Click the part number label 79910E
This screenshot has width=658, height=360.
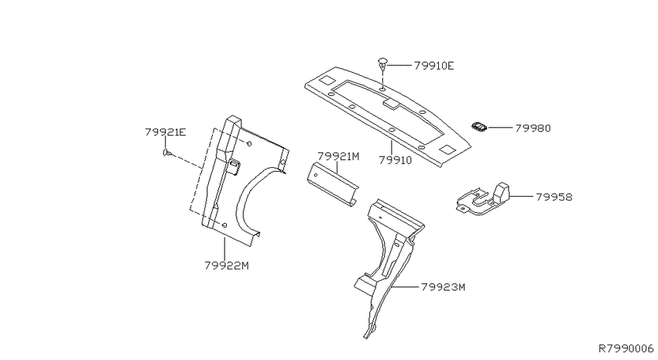[434, 66]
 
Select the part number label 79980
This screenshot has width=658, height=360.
[533, 128]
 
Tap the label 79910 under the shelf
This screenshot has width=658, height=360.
[396, 160]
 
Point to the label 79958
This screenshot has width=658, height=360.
[554, 197]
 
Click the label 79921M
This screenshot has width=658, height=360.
[338, 156]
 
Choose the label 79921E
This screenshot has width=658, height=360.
[166, 132]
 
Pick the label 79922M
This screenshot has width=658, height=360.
[227, 266]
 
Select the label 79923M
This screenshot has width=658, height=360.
[443, 287]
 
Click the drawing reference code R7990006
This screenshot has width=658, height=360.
[626, 348]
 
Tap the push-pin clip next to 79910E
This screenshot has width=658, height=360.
[382, 65]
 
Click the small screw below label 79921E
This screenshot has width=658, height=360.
[167, 153]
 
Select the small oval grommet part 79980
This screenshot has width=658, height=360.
[479, 126]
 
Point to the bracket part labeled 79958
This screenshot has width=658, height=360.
[482, 199]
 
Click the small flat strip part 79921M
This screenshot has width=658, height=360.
[332, 184]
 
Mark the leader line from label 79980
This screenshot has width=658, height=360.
[500, 127]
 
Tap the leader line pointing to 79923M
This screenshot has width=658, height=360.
[406, 286]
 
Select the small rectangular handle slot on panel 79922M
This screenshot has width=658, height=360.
[233, 166]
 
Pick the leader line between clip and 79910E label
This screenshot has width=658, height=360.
[399, 66]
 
